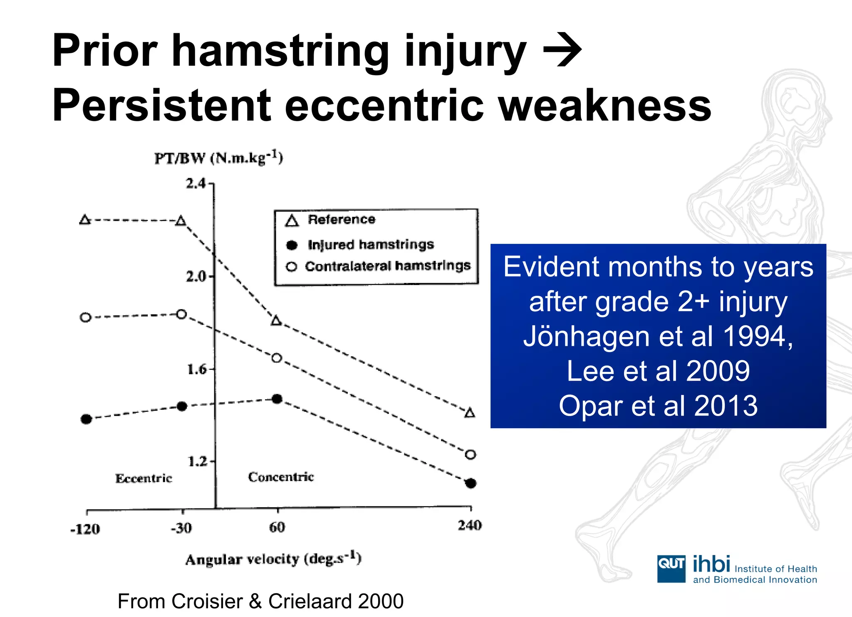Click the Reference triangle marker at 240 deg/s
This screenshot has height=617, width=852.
click(x=470, y=413)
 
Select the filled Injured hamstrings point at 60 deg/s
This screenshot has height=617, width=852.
click(x=277, y=399)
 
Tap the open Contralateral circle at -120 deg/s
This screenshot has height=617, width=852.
click(x=85, y=317)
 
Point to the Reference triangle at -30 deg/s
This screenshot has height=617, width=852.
click(x=181, y=221)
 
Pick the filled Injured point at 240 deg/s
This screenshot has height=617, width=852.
click(x=471, y=483)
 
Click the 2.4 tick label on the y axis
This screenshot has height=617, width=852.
click(x=196, y=183)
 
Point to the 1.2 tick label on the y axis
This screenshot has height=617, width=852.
click(x=197, y=461)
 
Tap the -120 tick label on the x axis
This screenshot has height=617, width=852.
click(x=85, y=529)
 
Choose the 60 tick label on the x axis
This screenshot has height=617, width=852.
click(x=277, y=528)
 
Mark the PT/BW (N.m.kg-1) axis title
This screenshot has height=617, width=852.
click(x=218, y=158)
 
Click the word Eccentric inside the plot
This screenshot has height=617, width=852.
click(x=144, y=478)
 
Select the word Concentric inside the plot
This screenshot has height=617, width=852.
click(x=281, y=477)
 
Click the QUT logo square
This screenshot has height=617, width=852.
click(x=671, y=569)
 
